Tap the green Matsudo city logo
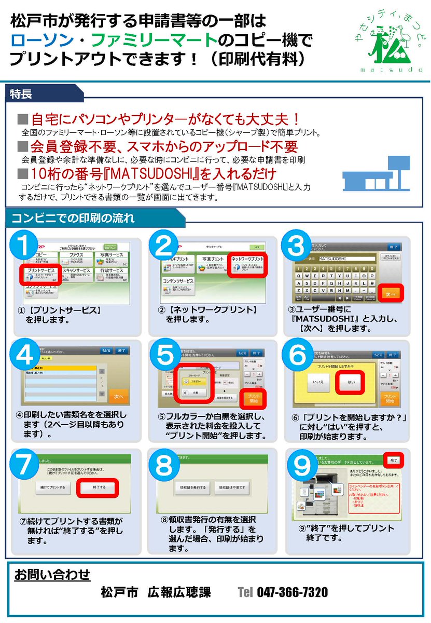[383, 44]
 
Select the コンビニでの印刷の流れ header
[73, 217]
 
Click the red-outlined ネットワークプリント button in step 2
[247, 262]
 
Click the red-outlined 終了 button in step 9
[394, 460]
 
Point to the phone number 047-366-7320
[292, 592]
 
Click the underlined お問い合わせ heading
[52, 575]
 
